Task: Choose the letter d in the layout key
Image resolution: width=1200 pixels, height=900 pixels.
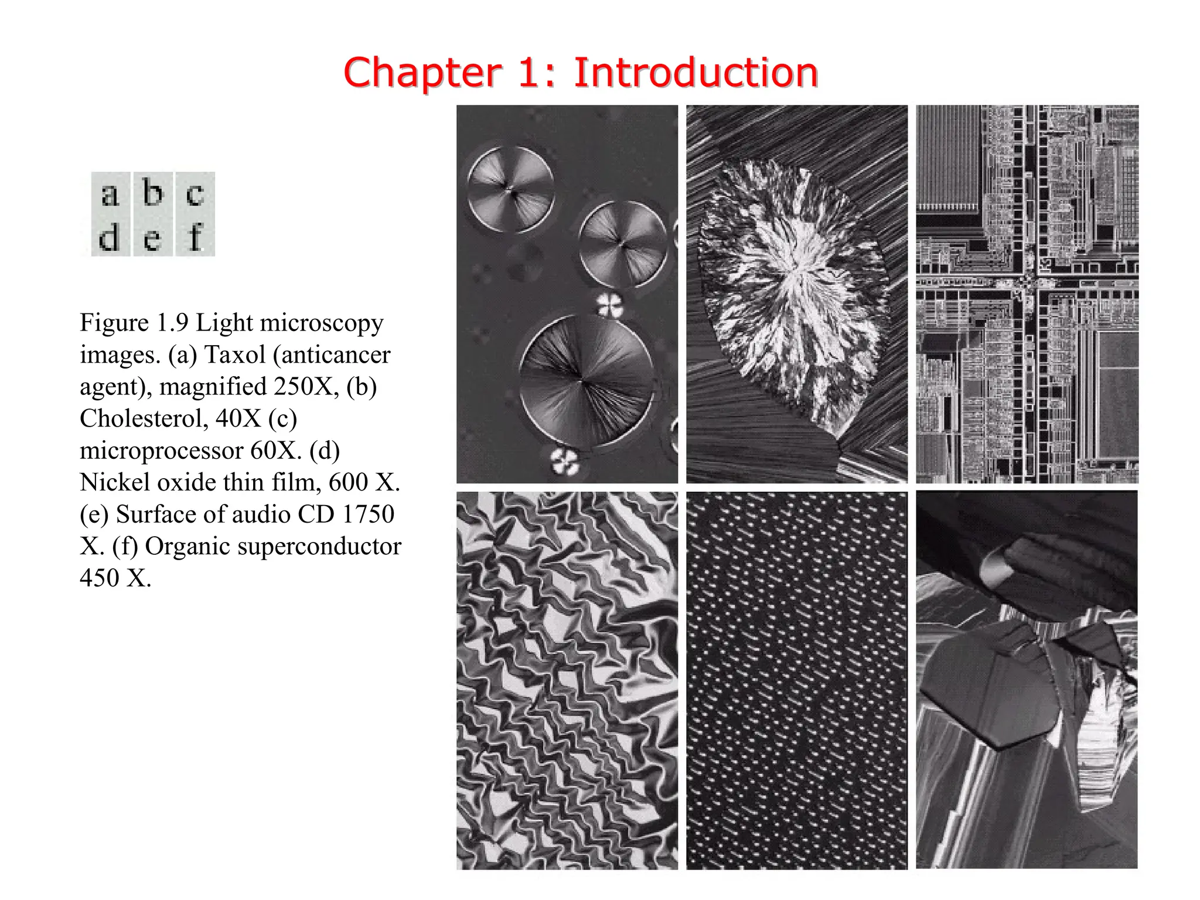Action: (x=110, y=238)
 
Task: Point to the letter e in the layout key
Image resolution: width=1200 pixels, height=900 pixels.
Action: (x=152, y=239)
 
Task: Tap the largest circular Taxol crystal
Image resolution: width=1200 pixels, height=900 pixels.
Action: (x=586, y=382)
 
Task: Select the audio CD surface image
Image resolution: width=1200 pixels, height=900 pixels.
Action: (x=797, y=680)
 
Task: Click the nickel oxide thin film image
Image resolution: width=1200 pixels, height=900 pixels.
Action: (x=567, y=680)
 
